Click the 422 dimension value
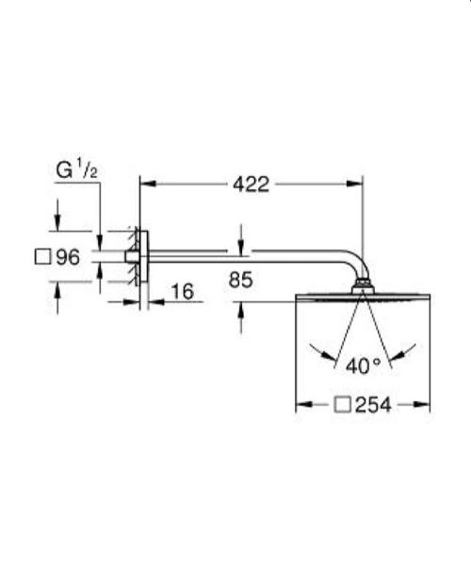click(x=251, y=185)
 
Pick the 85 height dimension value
click(x=240, y=279)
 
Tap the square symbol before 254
click(x=344, y=405)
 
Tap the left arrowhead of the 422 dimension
click(x=146, y=185)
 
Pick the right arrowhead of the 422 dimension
click(x=357, y=185)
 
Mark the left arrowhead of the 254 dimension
click(x=302, y=405)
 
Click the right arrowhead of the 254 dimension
click(x=424, y=405)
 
